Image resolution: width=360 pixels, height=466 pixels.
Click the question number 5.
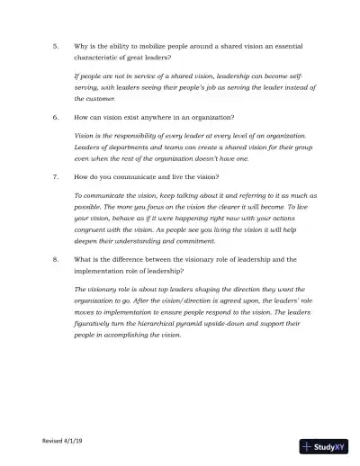click(56, 45)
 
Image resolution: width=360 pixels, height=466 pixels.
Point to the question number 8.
click(56, 259)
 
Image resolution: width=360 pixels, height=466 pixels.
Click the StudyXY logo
click(323, 445)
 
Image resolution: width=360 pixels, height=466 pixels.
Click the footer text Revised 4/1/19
click(62, 441)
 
